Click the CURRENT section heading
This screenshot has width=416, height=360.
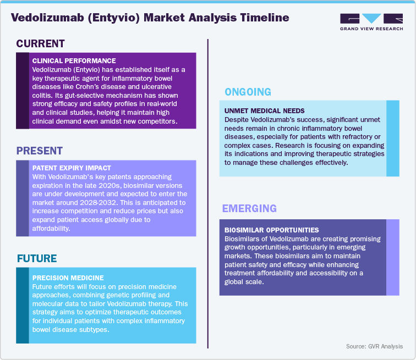(x=41, y=44)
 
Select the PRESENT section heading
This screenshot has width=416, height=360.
(x=40, y=151)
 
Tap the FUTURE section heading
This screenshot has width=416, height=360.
(x=37, y=258)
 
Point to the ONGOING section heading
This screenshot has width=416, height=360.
(x=247, y=92)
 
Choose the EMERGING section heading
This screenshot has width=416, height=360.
(x=249, y=208)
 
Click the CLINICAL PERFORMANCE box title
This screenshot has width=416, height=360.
(x=74, y=60)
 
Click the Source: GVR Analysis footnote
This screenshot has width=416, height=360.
(x=374, y=346)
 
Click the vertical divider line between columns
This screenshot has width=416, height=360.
(x=207, y=192)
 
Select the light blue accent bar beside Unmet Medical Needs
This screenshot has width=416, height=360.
(x=392, y=139)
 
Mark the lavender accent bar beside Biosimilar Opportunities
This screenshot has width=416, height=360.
(x=392, y=257)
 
